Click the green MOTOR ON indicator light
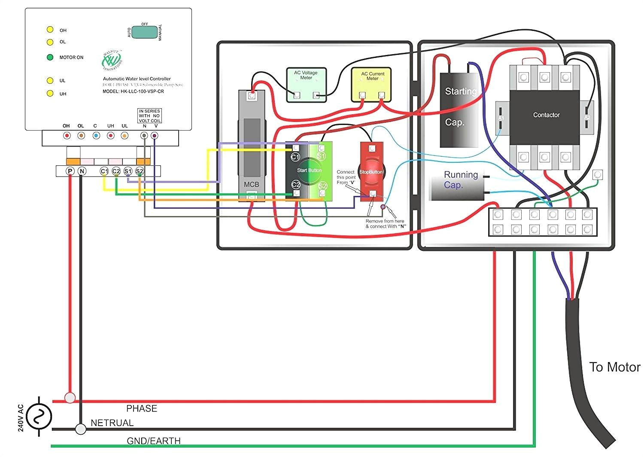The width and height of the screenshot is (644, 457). pos(50,57)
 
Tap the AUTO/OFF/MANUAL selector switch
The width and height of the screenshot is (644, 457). pos(144,32)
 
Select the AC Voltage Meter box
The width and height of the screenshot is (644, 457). pos(306,84)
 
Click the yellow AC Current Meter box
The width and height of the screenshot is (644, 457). pos(371,84)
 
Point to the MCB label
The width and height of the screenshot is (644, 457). pos(252,184)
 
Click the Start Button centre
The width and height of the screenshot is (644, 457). pos(309,171)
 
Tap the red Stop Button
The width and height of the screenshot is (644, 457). pos(371,172)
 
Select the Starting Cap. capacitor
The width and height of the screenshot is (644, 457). pos(459,110)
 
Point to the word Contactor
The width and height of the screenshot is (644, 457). pos(546,115)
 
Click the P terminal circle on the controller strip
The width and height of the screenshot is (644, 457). pos(70,171)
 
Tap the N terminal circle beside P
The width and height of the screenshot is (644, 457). pos(82,171)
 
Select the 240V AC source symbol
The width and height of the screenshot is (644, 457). pos(39,416)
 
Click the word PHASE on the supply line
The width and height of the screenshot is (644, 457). pos(141,408)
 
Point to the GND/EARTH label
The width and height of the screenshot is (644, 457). pos(153,441)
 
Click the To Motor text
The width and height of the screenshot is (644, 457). pos(614,367)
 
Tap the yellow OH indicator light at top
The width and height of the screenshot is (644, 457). pos(50,30)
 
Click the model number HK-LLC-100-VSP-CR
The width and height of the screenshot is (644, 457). pos(133,91)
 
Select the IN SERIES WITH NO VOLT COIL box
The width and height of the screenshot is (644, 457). pos(149,116)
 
